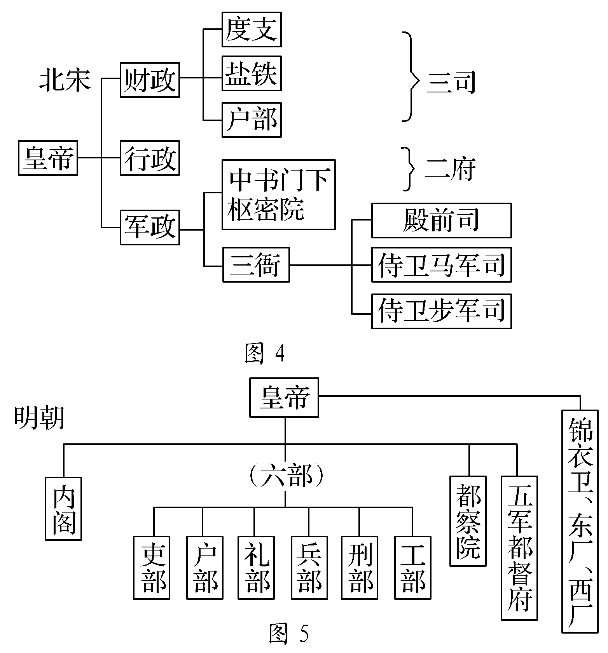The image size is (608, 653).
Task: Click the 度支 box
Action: (252, 30)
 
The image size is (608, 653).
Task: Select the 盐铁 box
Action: (252, 73)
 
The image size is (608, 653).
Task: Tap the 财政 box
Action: (150, 80)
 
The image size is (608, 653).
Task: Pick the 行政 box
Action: (150, 158)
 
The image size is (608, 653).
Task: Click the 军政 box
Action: (150, 227)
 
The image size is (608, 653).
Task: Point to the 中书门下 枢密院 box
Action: (278, 195)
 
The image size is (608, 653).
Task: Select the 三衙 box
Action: (256, 265)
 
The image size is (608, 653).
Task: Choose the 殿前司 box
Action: (441, 220)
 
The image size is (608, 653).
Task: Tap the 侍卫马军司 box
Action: (441, 265)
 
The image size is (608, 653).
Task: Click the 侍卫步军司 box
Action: (441, 311)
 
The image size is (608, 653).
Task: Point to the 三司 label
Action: (451, 83)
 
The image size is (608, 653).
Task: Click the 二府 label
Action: (450, 169)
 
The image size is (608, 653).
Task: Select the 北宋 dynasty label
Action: (65, 81)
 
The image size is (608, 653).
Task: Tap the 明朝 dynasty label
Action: (39, 418)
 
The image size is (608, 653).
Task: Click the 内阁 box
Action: (63, 509)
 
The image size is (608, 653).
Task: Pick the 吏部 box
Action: (152, 568)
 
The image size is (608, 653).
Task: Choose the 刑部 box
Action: (360, 568)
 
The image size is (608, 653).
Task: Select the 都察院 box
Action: (468, 521)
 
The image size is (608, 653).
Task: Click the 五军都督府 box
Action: (519, 548)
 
